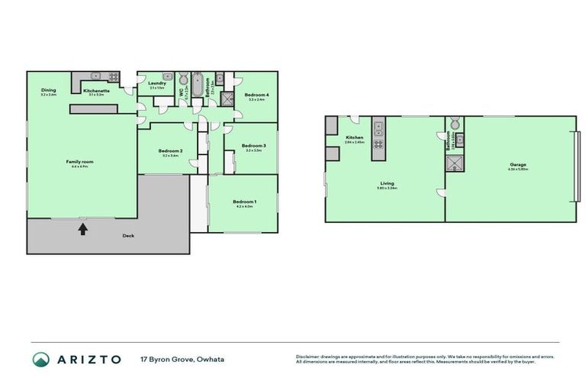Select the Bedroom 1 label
coord(245,202)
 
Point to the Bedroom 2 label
coord(170,151)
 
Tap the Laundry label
coord(157,83)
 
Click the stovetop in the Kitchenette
coord(113,76)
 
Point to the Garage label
coord(518,164)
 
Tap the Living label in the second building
coord(386,183)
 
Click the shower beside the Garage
coord(456,164)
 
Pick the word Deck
coord(128,236)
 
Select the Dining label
coord(48,90)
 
